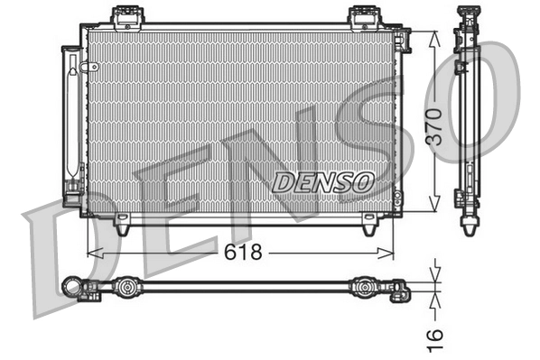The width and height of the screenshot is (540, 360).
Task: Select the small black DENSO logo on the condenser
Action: pos(322,181)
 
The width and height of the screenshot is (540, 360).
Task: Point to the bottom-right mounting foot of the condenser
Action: pos(370,227)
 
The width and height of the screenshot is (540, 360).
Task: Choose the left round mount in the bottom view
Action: pos(126,289)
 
